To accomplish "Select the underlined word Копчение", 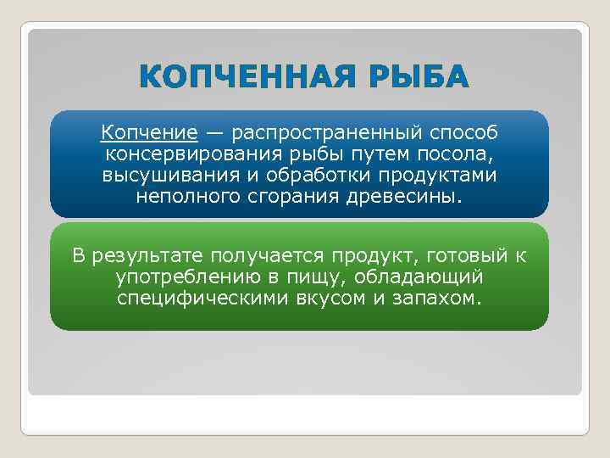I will click(150, 133).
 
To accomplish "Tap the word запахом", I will click(445, 299).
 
